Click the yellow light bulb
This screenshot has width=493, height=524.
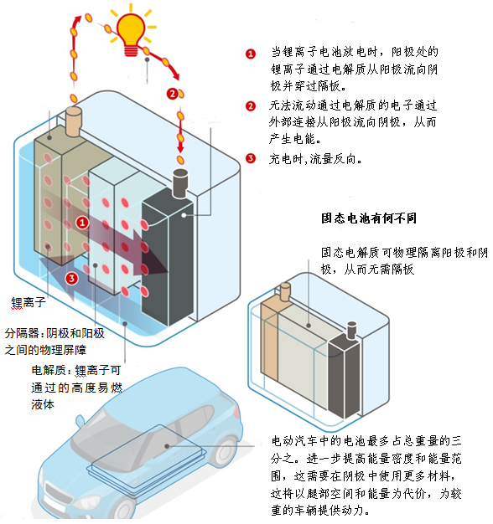131,33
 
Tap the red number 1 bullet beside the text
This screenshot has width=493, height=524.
251,54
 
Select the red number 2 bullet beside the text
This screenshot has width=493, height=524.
251,106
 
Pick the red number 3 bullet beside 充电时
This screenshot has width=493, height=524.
251,158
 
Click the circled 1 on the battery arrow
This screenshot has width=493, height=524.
82,223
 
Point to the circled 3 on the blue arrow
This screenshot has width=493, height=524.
71,279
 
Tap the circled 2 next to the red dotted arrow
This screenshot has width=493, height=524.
173,94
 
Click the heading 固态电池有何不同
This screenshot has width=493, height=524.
369,218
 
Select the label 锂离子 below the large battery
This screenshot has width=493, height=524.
29,302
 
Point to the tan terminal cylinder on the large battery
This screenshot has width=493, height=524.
74,121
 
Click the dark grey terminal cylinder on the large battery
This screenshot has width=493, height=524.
180,183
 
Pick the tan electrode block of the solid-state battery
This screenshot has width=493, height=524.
269,339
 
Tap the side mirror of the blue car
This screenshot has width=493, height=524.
80,422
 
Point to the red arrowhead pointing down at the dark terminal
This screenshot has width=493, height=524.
180,148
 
